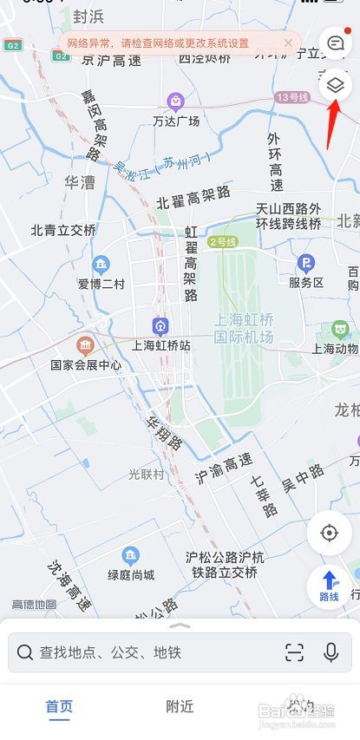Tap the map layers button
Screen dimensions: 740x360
335,86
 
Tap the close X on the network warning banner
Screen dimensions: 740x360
288,43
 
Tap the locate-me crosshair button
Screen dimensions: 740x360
329,531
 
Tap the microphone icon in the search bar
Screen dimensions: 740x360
331,652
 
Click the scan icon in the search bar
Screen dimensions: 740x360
295,652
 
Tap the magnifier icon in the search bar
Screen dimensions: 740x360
25,652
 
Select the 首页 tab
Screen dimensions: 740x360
59,707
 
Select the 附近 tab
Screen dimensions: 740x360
180,707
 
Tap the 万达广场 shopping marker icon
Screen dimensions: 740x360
176,102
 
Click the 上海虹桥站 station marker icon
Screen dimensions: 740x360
160,325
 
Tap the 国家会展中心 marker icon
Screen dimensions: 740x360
86,345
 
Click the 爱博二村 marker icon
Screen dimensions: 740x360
101,264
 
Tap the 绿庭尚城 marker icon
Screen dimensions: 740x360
131,554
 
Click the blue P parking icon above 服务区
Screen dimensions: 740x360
305,263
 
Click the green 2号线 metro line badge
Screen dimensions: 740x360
222,241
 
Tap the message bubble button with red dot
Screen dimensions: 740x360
335,42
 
